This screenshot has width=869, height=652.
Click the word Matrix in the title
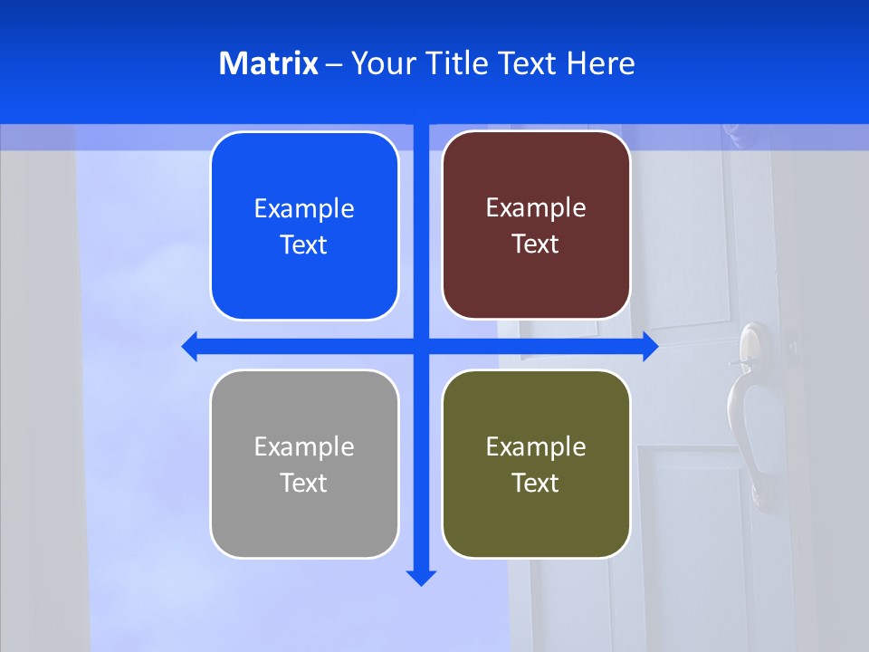click(x=269, y=63)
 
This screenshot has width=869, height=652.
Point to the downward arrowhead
click(x=421, y=577)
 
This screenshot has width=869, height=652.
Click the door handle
click(x=750, y=398)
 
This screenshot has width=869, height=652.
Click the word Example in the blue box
click(x=304, y=208)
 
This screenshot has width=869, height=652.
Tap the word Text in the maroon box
click(x=536, y=244)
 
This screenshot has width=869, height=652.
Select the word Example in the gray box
click(x=304, y=446)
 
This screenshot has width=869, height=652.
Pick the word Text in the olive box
click(x=536, y=483)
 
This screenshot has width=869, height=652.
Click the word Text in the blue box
click(x=304, y=244)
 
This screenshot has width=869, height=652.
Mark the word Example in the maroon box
click(x=536, y=207)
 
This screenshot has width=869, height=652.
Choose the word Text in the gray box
click(x=304, y=483)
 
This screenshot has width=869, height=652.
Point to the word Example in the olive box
click(x=536, y=446)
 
